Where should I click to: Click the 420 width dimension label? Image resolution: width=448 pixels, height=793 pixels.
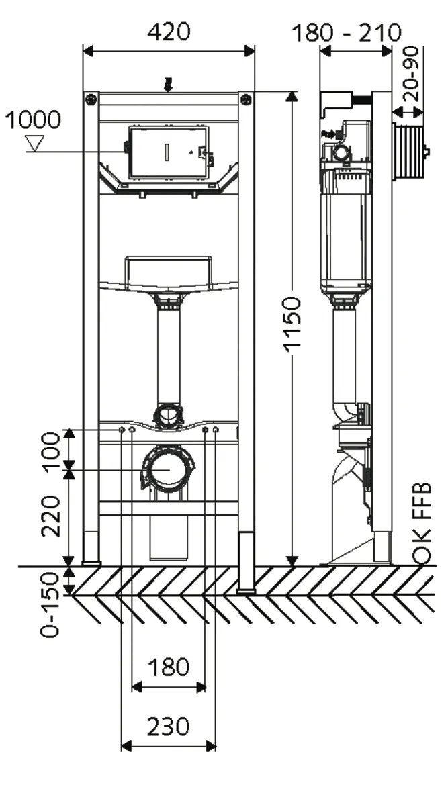[169, 31]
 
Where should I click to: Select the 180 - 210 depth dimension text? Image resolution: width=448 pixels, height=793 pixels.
[347, 32]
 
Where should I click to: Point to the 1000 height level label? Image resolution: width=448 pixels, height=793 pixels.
[33, 121]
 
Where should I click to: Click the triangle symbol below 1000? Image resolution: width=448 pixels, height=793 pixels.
[33, 142]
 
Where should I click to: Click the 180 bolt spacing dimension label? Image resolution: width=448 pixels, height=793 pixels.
[169, 667]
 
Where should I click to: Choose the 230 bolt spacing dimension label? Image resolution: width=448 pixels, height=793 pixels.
[169, 727]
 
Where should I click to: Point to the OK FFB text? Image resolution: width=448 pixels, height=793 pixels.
[421, 510]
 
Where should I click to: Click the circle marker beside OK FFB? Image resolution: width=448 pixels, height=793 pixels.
[421, 555]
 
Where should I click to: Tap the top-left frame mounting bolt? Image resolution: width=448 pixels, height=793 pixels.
[91, 99]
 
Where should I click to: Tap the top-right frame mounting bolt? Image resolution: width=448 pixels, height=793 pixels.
[246, 99]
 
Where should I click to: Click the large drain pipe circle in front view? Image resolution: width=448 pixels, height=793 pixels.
[168, 468]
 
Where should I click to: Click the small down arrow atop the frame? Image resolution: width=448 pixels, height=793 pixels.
[168, 84]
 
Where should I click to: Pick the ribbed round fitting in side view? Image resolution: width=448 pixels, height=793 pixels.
[410, 152]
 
